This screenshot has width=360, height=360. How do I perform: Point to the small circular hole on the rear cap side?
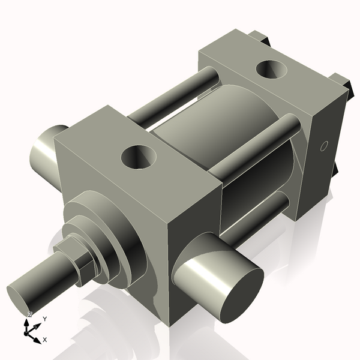point(324,146)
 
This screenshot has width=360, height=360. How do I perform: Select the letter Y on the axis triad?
point(44,319)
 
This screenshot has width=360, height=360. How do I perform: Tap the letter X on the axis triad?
point(45,340)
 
